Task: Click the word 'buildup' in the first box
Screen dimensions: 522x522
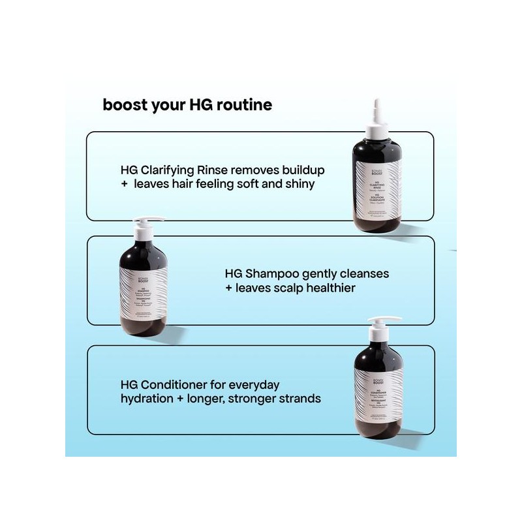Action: pos(300,170)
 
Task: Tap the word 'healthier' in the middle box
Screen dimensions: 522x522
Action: pos(328,288)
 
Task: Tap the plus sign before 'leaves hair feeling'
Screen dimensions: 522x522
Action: pos(124,185)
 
